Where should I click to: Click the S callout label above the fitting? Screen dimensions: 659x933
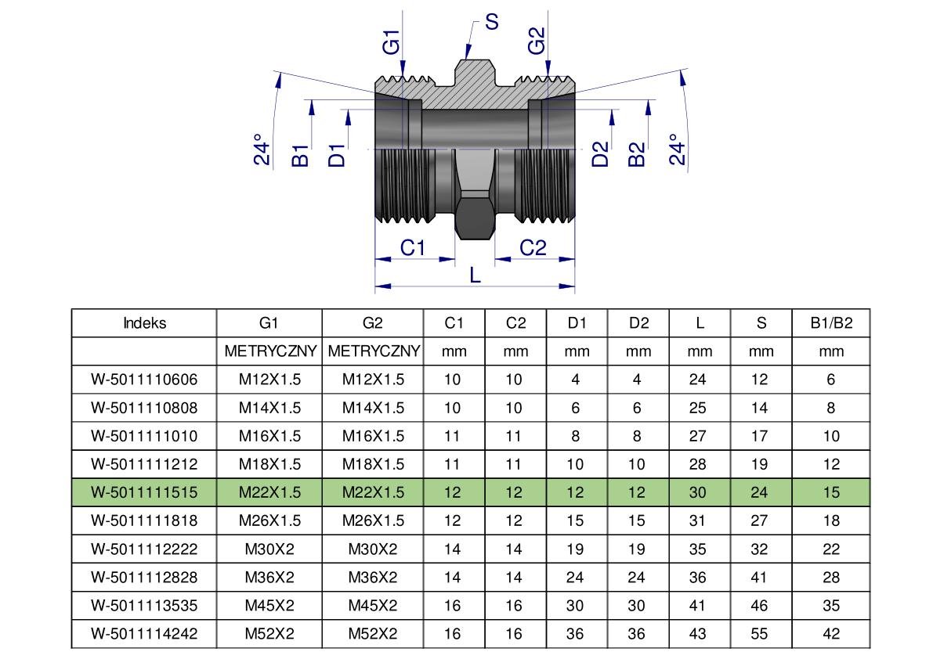[491, 22]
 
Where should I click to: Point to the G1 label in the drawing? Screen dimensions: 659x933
[391, 41]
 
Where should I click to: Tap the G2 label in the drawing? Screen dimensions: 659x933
[536, 41]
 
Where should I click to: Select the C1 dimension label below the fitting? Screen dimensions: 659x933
[413, 247]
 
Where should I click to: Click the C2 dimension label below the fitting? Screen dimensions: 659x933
[533, 247]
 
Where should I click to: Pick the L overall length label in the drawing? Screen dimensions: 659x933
[475, 275]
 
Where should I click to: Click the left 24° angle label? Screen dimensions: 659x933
[263, 153]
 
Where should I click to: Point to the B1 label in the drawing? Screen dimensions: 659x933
[300, 155]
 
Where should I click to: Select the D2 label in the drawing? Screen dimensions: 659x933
[601, 154]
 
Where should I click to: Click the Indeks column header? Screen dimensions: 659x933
[144, 323]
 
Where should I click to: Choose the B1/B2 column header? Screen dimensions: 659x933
[830, 323]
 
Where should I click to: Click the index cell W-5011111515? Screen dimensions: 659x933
[144, 492]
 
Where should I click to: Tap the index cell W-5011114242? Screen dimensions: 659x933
[144, 633]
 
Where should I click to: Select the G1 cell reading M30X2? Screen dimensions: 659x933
[269, 549]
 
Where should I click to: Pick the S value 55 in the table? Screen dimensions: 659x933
[760, 633]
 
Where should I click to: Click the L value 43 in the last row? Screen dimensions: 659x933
[699, 633]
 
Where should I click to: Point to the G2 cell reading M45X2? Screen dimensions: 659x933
[373, 605]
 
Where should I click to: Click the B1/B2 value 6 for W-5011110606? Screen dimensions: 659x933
[830, 380]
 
